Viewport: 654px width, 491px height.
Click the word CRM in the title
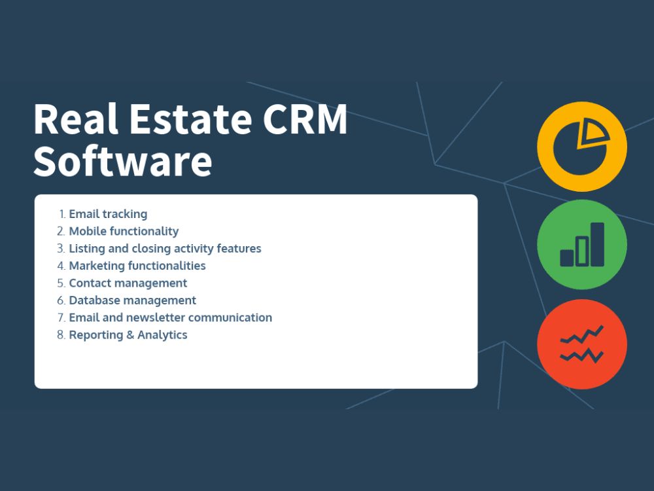[x=305, y=119]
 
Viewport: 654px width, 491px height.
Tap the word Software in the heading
[x=123, y=161]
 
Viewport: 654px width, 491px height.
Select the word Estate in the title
[x=190, y=119]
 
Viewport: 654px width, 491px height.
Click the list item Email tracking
[x=108, y=214]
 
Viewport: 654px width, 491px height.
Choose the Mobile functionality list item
[x=124, y=231]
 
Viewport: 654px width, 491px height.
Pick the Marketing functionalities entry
[x=137, y=266]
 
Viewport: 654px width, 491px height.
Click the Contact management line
[x=128, y=283]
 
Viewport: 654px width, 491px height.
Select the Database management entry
[x=132, y=300]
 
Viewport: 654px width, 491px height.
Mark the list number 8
[x=61, y=335]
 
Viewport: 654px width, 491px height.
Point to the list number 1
[x=62, y=214]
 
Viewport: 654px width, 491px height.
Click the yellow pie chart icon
[x=582, y=147]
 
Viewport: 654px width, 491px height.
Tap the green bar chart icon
[x=582, y=245]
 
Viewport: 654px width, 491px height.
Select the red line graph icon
[x=582, y=344]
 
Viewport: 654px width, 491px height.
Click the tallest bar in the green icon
[x=597, y=244]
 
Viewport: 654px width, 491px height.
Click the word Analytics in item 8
[x=162, y=335]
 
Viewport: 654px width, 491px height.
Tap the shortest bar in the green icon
[x=567, y=258]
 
